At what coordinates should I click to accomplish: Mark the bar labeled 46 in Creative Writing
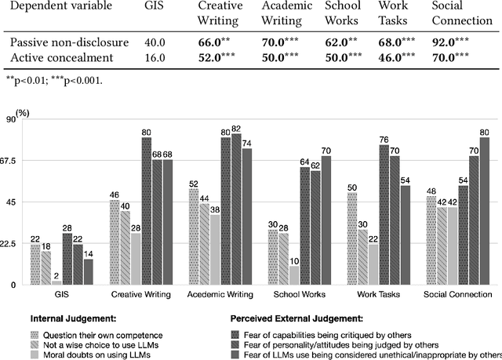(x=114, y=242)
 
